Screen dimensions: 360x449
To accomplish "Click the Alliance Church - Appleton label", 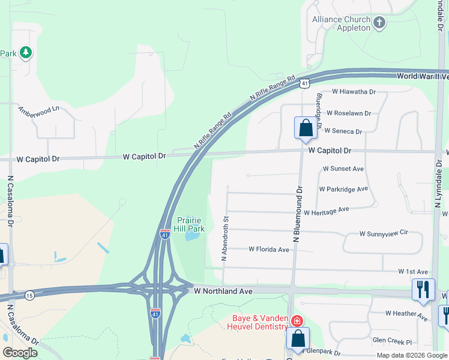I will (x=342, y=23).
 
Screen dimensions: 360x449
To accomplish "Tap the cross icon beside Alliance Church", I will (x=379, y=23).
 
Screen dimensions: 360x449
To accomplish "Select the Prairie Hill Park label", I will (x=191, y=224).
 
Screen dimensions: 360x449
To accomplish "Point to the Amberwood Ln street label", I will (x=39, y=111).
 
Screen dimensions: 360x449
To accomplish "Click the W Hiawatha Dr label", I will (x=354, y=92).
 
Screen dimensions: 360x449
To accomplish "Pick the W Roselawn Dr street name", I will (x=349, y=113).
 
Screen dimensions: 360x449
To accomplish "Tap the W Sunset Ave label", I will (x=343, y=169).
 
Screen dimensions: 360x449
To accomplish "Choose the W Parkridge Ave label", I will (x=343, y=189).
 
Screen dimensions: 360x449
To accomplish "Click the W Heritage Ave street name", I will (x=326, y=211).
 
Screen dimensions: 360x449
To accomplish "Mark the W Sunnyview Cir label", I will (x=384, y=233).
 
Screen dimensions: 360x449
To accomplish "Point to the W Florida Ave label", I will (x=269, y=248).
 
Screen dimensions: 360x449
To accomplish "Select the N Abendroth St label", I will (x=226, y=239).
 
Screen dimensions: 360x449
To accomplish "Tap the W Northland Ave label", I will (x=223, y=290).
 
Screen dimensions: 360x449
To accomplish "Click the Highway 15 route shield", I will (x=29, y=295).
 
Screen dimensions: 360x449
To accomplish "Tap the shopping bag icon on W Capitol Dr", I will (x=306, y=128).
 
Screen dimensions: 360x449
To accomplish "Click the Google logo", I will (x=20, y=353).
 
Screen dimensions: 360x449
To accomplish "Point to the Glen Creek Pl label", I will (x=392, y=341).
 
